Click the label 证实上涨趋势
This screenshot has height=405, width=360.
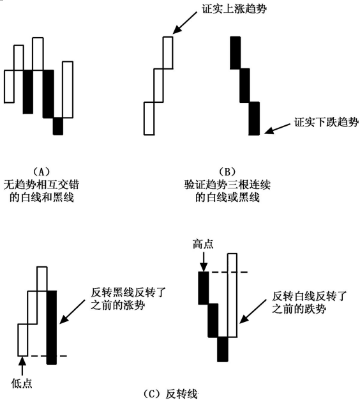point(234,9)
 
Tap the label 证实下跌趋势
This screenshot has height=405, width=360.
point(326,121)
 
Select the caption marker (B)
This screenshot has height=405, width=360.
point(227,171)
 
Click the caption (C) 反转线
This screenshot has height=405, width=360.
point(170,394)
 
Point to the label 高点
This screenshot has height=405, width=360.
point(203,244)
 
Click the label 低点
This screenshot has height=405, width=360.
point(22,383)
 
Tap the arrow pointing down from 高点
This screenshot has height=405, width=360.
point(204,261)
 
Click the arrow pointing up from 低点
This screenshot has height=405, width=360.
point(22,366)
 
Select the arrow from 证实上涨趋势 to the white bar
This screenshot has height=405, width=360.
point(186,23)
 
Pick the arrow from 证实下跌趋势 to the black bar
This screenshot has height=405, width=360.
point(278,128)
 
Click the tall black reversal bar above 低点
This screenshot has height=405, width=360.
point(52,328)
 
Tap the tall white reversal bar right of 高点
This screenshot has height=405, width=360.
point(232,295)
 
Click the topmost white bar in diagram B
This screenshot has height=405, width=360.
point(168,52)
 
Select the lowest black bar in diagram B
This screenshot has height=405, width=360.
point(254,118)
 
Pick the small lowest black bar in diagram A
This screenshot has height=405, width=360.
point(58,126)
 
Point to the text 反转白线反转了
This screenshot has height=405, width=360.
point(309,296)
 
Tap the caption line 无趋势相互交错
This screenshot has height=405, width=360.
point(41,185)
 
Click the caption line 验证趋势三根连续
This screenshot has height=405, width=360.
point(227,185)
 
